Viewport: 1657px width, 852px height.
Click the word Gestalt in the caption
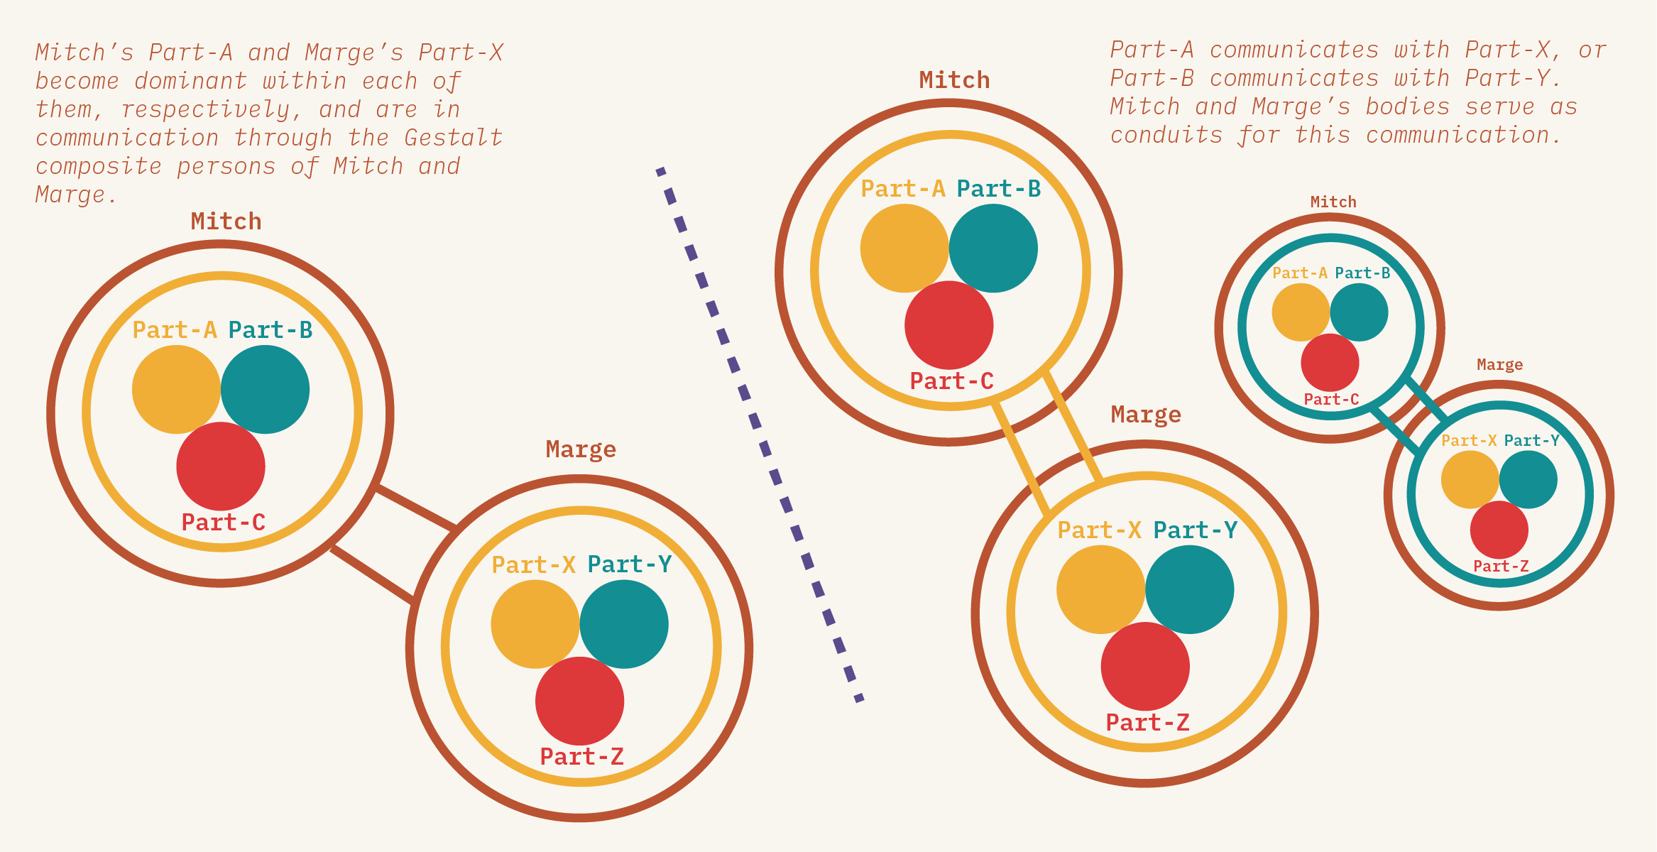[453, 138]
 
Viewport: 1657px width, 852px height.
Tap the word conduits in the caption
[1166, 135]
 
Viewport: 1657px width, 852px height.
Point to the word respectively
[206, 109]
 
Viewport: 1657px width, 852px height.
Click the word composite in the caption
[99, 166]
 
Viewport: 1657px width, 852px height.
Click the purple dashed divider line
[759, 433]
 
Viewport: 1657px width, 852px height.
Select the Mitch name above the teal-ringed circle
[1333, 202]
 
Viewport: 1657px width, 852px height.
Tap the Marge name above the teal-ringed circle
[1499, 365]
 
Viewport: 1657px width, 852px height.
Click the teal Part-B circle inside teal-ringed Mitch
[1359, 312]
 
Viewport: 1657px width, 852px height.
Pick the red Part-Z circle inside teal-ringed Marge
[1499, 530]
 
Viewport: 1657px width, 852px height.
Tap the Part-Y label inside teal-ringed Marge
[1531, 441]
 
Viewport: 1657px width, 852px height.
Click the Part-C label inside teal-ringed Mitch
[1331, 400]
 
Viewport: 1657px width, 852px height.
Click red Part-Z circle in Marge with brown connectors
[579, 701]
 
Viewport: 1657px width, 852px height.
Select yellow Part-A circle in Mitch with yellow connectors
[904, 248]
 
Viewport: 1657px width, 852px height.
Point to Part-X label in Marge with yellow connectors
[1099, 530]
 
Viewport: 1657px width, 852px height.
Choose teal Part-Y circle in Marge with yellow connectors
[1189, 589]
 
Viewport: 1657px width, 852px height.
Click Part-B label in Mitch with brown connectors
[270, 330]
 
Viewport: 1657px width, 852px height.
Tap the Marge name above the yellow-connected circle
[1146, 415]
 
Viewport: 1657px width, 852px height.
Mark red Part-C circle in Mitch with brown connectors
[221, 466]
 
